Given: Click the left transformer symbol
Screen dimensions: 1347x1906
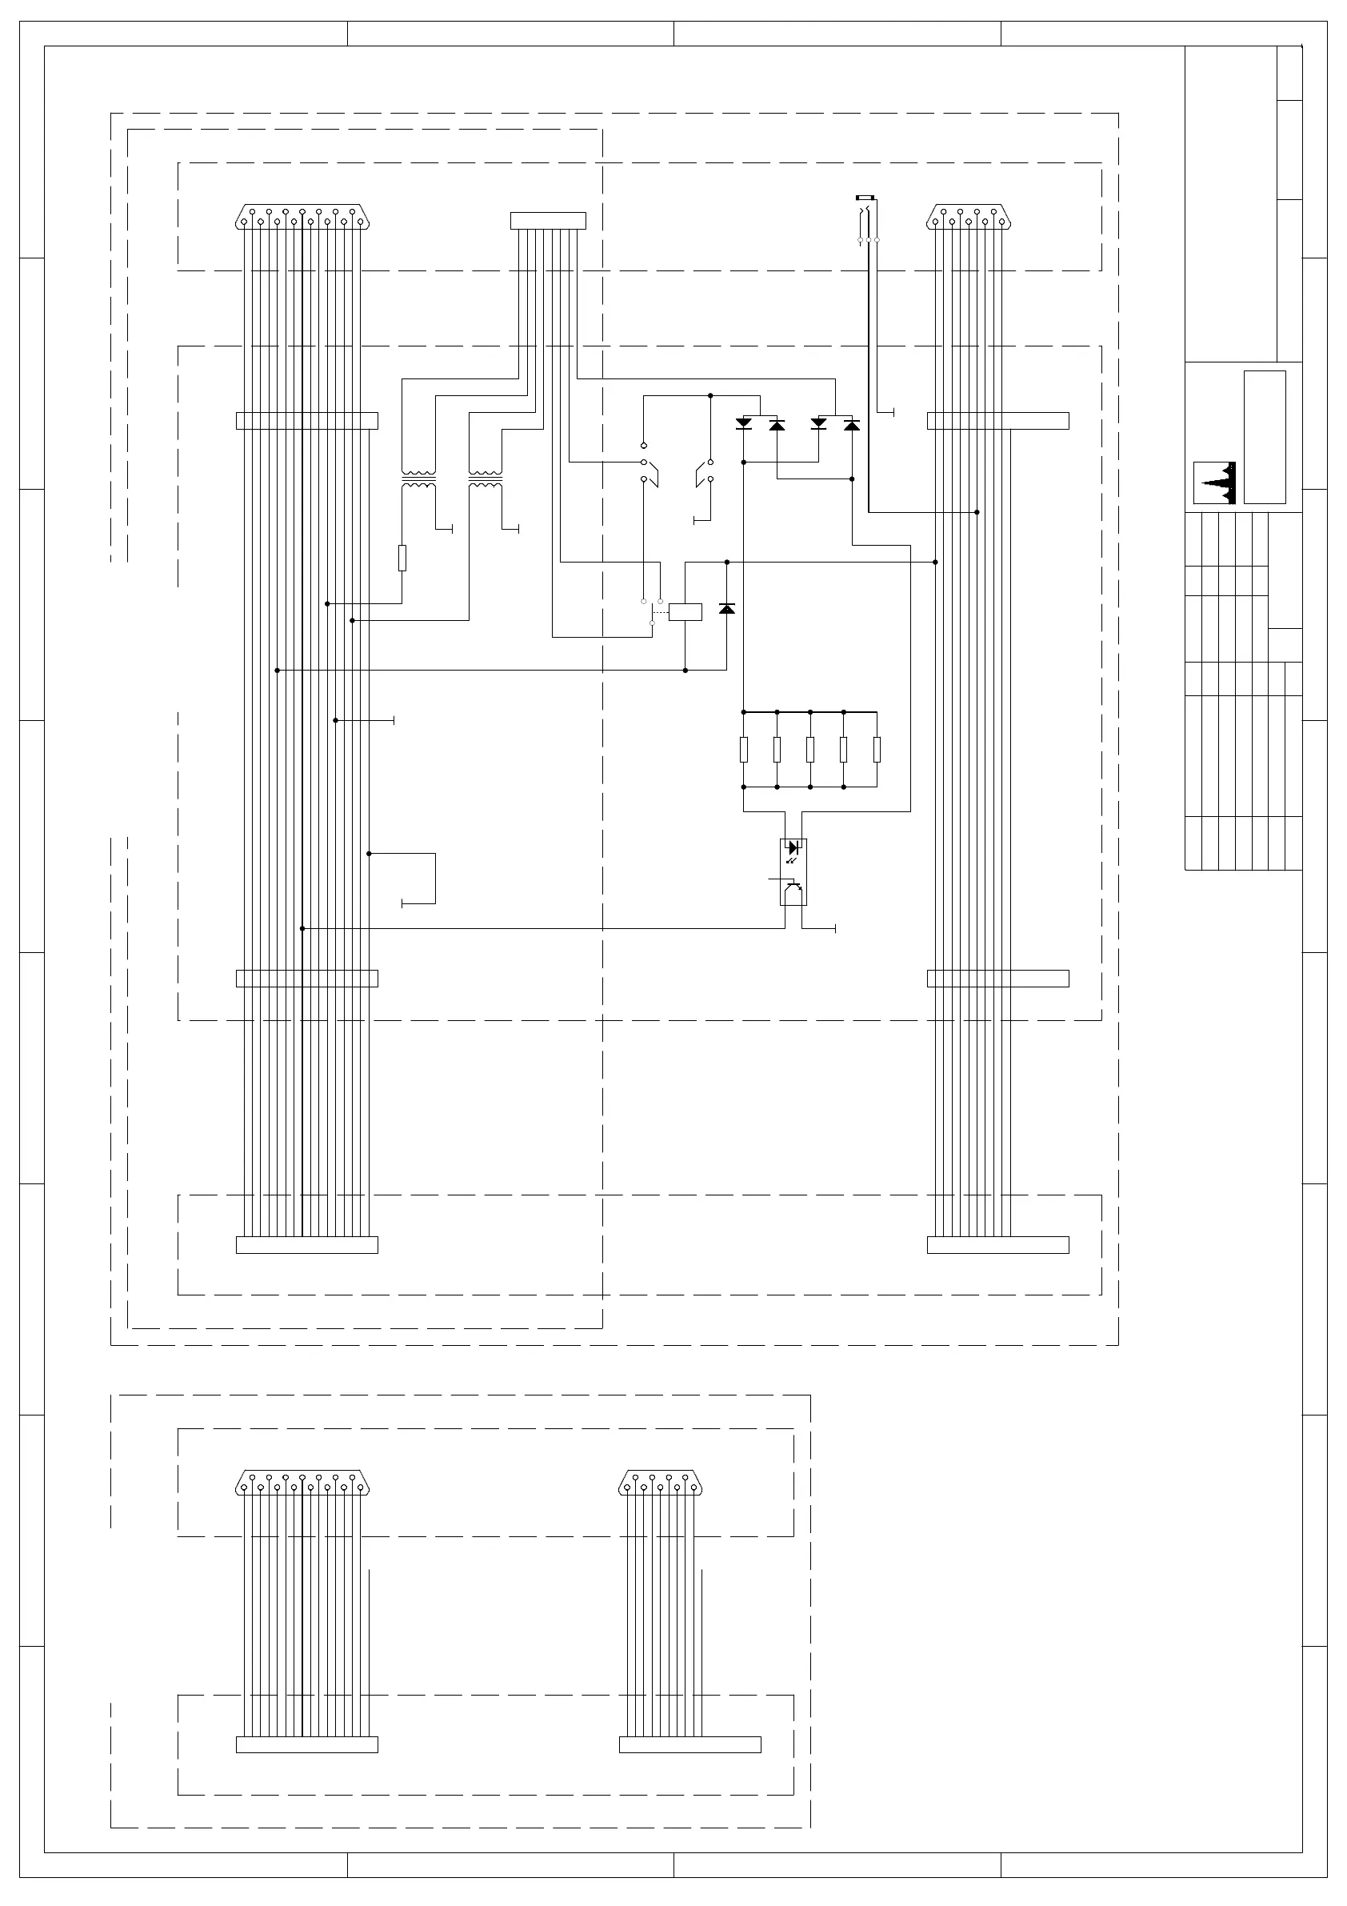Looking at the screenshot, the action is (418, 479).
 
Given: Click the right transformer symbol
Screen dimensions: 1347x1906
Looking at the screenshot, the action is (486, 479).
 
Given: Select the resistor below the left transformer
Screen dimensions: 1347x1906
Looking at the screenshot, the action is (402, 558).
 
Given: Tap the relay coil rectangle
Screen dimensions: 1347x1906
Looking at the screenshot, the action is (685, 612).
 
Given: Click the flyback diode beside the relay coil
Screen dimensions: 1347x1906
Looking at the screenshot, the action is (727, 609).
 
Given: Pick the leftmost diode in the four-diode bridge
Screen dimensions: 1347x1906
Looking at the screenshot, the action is (744, 423).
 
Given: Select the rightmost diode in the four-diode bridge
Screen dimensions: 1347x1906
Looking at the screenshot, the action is (852, 424).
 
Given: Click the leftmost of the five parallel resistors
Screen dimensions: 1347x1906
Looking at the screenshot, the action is (744, 749).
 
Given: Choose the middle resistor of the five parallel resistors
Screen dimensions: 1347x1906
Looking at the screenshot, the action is (810, 749).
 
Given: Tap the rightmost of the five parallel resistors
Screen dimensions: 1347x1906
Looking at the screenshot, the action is (877, 749).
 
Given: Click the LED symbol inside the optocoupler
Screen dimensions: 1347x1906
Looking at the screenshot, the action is (793, 847).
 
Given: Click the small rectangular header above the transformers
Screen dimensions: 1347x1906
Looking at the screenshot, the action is (548, 221).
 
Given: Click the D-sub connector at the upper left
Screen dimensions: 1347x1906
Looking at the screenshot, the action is (303, 218).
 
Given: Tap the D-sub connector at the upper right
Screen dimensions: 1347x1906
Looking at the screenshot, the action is (969, 218).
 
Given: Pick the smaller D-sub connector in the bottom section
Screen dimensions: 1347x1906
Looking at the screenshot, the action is (662, 1483).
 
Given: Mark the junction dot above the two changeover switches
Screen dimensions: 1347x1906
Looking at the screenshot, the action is (710, 396).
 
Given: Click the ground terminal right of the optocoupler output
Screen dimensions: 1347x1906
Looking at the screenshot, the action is (834, 928).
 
